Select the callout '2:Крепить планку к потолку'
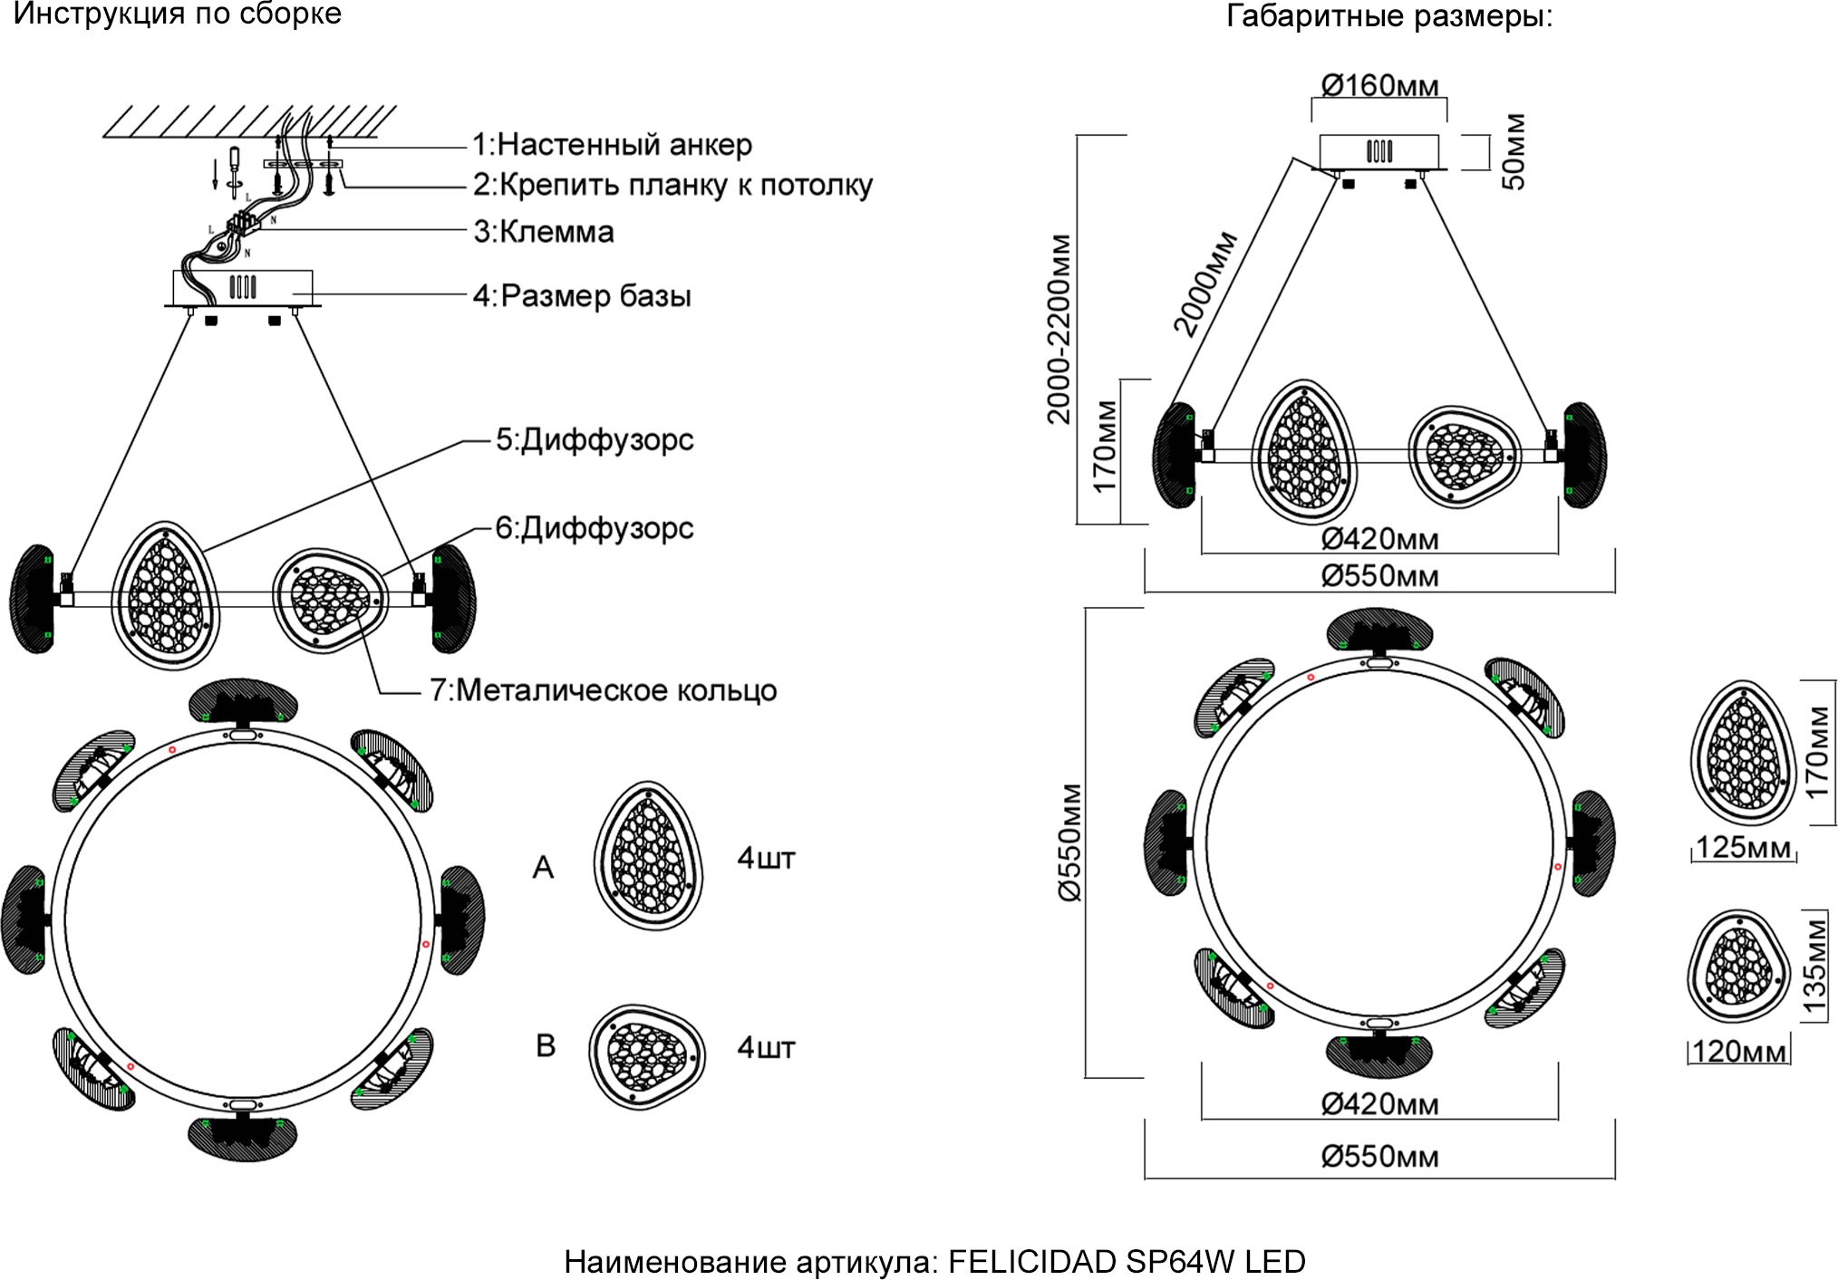point(672,185)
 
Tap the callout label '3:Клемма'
point(544,232)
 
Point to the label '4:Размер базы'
point(582,296)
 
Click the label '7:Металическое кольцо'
point(603,690)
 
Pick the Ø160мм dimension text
point(1379,86)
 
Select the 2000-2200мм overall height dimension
point(1059,329)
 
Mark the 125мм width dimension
point(1743,847)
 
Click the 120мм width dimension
point(1739,1052)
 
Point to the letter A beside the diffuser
point(543,868)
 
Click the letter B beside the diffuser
point(546,1045)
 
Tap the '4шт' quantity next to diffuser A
point(766,858)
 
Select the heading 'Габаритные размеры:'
point(1389,16)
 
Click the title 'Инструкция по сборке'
point(178,14)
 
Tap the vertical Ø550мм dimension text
point(1070,842)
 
